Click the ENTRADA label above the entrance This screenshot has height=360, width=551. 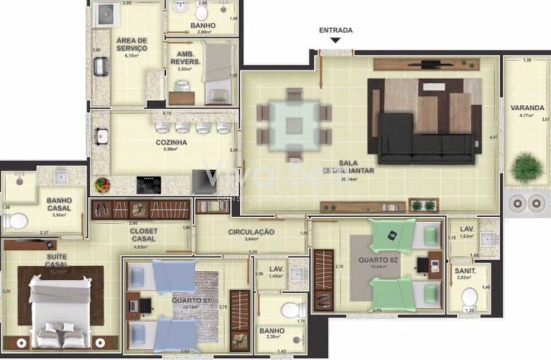[x=336, y=30]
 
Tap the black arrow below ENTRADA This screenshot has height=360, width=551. [x=336, y=40]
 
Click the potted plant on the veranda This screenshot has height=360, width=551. [x=526, y=168]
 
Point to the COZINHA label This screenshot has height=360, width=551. [x=171, y=142]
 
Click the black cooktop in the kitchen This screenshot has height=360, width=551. [x=148, y=185]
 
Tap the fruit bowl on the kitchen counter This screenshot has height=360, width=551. [x=102, y=185]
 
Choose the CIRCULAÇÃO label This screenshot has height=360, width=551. [x=251, y=232]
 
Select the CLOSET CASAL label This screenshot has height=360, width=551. [x=144, y=235]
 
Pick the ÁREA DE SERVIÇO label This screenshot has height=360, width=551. [x=132, y=45]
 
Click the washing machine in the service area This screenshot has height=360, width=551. [x=105, y=15]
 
